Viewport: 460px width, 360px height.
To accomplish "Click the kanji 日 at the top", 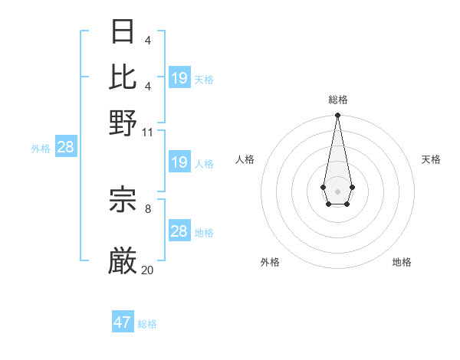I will point(123,31).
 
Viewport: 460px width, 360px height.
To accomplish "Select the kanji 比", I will point(123,75).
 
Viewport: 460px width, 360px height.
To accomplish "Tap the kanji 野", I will point(123,123).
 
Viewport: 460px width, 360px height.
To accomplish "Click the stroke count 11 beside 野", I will point(147,133).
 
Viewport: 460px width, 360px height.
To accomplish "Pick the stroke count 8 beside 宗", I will point(148,208).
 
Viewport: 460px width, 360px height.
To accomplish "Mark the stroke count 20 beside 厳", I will point(147,270).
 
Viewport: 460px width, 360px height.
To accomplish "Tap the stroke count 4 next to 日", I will point(147,40).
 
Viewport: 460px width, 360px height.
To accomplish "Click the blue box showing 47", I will point(123,322).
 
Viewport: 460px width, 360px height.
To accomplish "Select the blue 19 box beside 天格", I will point(179,77).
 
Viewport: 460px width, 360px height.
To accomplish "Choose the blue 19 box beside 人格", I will point(179,162).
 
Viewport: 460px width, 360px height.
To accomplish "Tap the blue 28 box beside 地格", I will point(179,231).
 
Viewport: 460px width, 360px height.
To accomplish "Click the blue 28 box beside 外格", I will point(66,147).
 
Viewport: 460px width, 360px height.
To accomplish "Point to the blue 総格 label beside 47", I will point(148,324).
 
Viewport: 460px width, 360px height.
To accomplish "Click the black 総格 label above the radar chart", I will point(337,100).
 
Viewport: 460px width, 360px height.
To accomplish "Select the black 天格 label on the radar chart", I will point(431,159).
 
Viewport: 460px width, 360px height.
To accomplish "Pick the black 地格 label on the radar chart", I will point(402,262).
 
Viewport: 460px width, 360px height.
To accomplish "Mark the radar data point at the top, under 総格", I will point(337,116).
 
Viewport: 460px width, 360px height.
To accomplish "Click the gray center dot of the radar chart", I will point(337,190).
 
